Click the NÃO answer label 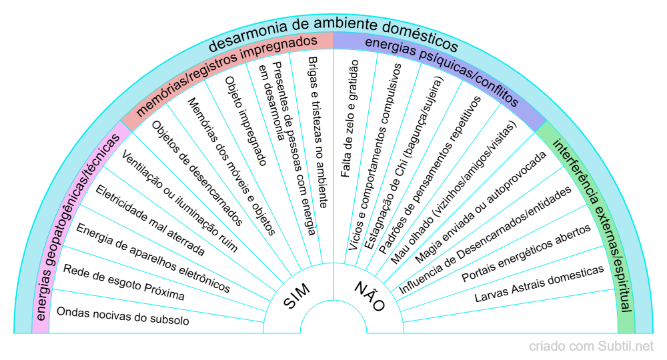[x=370, y=296]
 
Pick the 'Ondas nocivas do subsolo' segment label [x=123, y=316]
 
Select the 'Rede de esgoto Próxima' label [x=123, y=282]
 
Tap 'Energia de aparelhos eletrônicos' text [x=153, y=259]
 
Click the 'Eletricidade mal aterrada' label [x=150, y=220]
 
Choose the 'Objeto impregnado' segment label [x=245, y=121]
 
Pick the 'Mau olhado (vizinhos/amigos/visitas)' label [x=454, y=192]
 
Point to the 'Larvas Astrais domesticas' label [x=539, y=283]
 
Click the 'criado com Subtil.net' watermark [x=591, y=346]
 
